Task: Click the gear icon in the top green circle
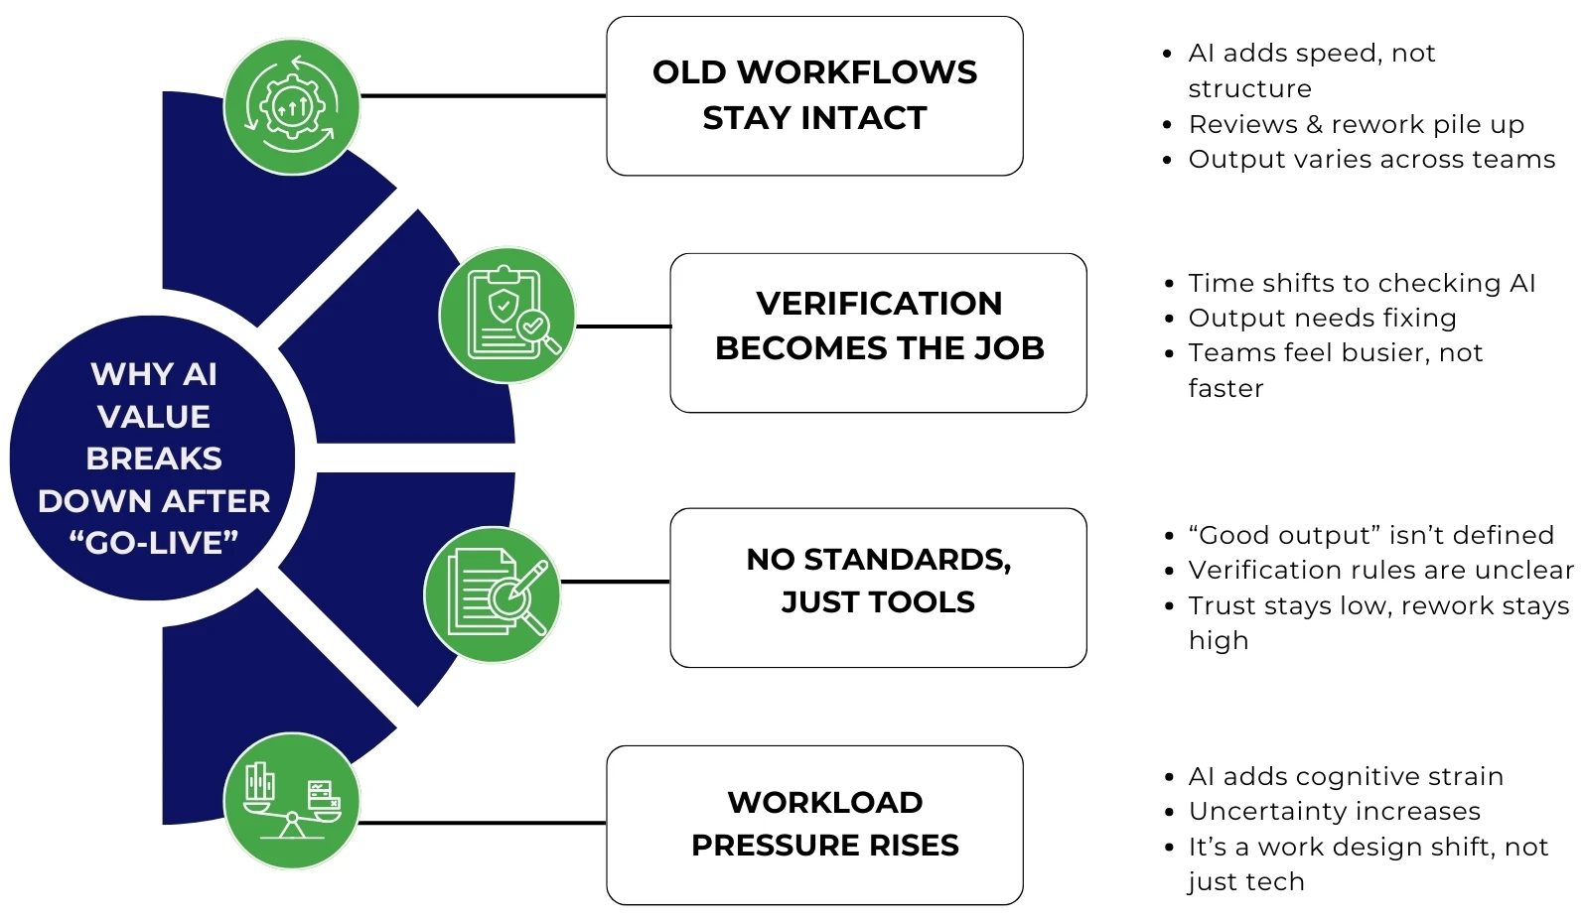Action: click(292, 106)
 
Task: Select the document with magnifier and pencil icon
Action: click(493, 594)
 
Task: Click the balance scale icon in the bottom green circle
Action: click(292, 801)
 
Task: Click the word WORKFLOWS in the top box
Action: click(857, 72)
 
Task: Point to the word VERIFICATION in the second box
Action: click(879, 304)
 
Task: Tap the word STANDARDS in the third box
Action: click(907, 560)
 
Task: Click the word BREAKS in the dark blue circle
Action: click(154, 459)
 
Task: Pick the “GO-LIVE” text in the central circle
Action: click(154, 543)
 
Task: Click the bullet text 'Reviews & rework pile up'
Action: click(1356, 125)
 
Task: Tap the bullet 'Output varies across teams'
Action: click(1370, 160)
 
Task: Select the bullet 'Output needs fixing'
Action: click(1322, 319)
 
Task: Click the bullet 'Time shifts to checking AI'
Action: click(1362, 284)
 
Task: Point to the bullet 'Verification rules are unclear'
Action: click(1379, 571)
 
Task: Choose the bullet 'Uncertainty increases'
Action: click(1334, 812)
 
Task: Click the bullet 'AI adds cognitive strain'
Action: click(1346, 777)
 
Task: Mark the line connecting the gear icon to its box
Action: click(483, 96)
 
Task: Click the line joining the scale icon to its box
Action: click(483, 823)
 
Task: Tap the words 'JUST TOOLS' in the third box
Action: click(878, 602)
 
